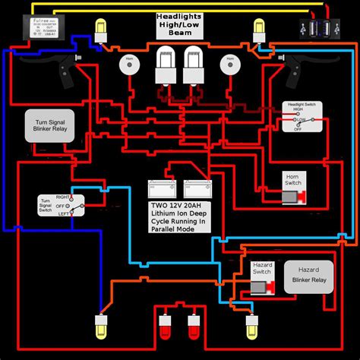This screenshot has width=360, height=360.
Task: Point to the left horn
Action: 127,65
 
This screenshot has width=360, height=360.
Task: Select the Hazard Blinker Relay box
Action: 308,276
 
